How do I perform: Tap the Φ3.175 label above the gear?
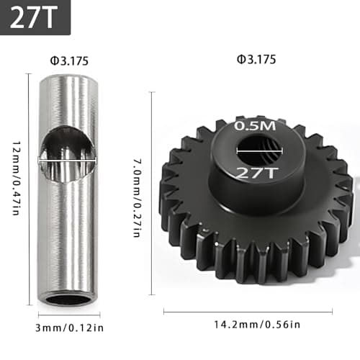coord(256,59)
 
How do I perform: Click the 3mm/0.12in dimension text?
coord(69,329)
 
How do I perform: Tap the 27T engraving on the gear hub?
coord(252,173)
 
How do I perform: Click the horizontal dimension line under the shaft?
coord(69,314)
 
